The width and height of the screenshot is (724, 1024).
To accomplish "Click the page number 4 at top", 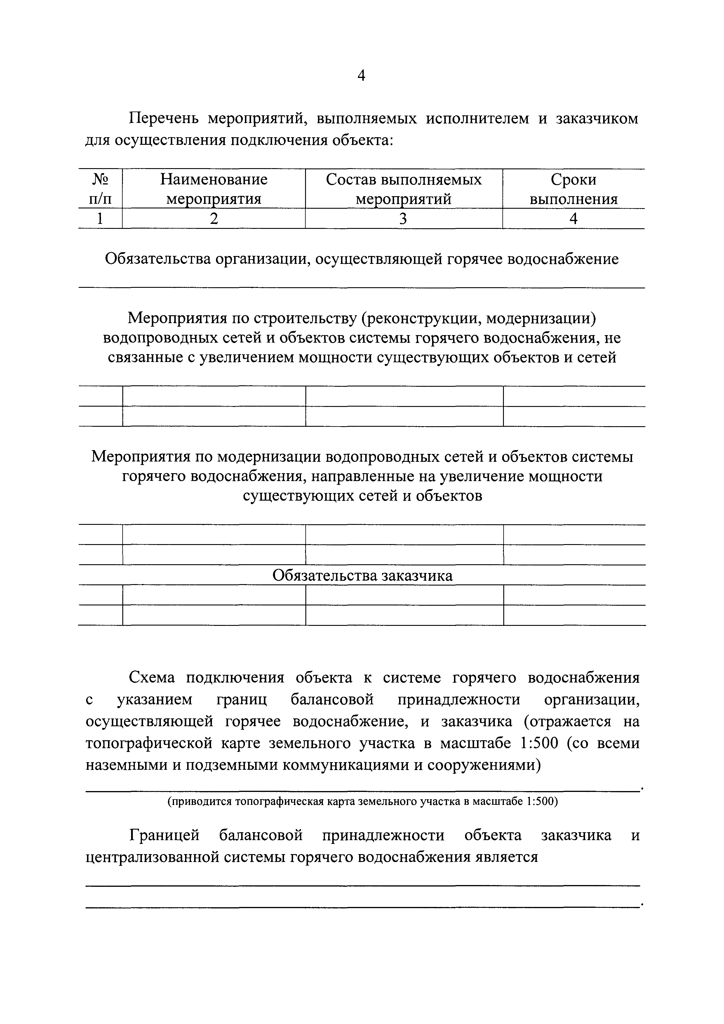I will click(361, 76).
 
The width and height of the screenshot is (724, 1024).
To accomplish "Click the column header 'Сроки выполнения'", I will click(573, 189).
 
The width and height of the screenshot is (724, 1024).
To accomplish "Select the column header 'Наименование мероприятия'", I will click(214, 189).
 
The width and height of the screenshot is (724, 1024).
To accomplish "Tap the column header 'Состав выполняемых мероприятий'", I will click(404, 189).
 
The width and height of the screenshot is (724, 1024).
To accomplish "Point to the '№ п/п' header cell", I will click(100, 189).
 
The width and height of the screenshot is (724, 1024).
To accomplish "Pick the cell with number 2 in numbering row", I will click(214, 219).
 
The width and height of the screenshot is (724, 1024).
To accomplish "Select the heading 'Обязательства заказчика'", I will click(362, 575).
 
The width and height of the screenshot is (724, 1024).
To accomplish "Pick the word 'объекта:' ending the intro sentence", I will click(362, 140).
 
